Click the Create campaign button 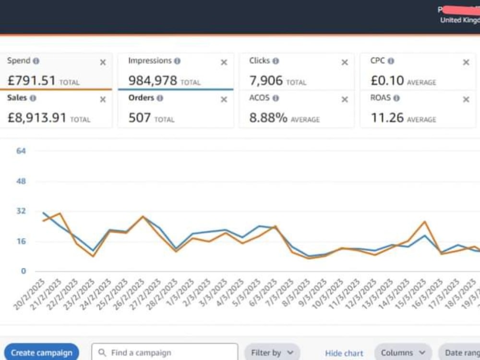tap(41, 353)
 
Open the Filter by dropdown tap(272, 353)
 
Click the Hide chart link tap(344, 353)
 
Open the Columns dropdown tap(403, 353)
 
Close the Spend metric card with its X tap(103, 62)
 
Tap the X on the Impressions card tap(224, 62)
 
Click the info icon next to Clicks tap(276, 61)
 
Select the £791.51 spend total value tap(32, 81)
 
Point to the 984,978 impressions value tap(153, 81)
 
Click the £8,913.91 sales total tap(37, 118)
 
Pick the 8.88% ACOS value tap(268, 118)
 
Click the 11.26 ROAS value tap(387, 118)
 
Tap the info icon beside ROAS tap(396, 98)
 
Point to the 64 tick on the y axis tap(21, 151)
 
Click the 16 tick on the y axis tap(21, 241)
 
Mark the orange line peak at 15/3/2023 tap(425, 222)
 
